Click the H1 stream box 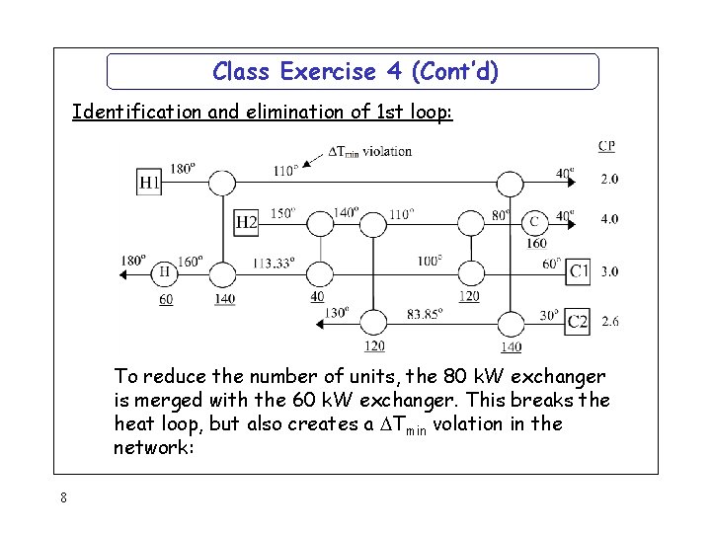[x=149, y=182]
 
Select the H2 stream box [x=246, y=223]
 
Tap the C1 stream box [x=579, y=271]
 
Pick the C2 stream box [x=579, y=322]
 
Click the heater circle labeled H [x=164, y=271]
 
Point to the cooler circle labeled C [x=534, y=221]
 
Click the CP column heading [x=606, y=146]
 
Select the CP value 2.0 [x=609, y=180]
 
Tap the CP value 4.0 [x=609, y=218]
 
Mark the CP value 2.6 [x=609, y=322]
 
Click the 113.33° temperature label [x=274, y=264]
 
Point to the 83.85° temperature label [x=426, y=314]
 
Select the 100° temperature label [x=430, y=263]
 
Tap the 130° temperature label [x=338, y=313]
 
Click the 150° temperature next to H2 [x=282, y=213]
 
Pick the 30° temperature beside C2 [x=549, y=316]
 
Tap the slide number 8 [x=62, y=497]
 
